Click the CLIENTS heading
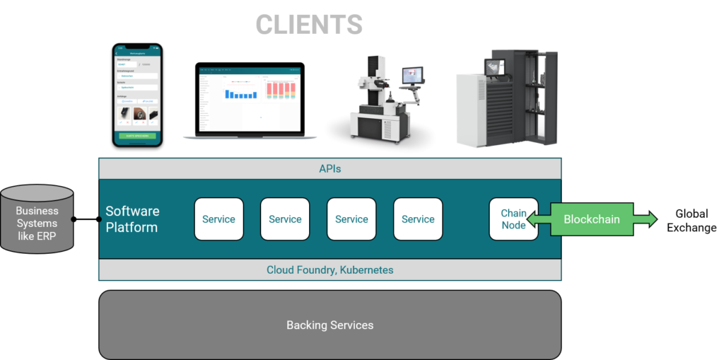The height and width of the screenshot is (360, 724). click(309, 25)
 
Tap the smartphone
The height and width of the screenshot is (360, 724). click(138, 95)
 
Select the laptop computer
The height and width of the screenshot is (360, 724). click(250, 103)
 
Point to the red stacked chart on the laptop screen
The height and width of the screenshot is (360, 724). click(281, 90)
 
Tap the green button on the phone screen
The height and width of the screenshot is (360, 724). click(138, 135)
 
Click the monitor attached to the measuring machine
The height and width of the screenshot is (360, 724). click(411, 75)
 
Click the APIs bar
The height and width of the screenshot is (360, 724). click(329, 169)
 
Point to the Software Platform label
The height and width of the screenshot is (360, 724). click(132, 219)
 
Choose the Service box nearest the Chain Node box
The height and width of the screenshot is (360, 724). click(418, 219)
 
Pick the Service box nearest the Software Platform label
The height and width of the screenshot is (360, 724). click(218, 219)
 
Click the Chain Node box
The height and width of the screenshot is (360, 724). click(513, 219)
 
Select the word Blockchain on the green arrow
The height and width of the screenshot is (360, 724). click(591, 219)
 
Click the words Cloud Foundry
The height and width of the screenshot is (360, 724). click(296, 270)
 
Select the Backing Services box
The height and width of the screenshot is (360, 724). click(329, 325)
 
